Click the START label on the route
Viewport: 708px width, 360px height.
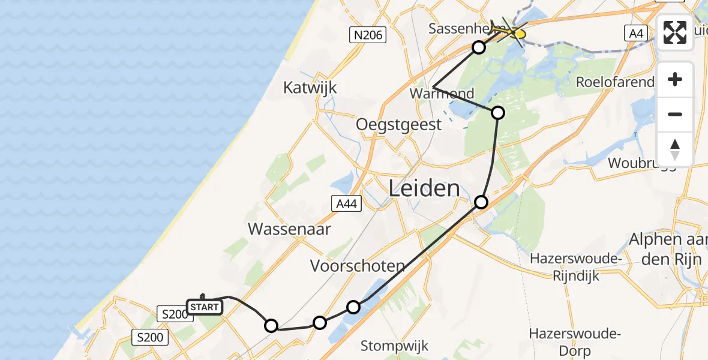205,308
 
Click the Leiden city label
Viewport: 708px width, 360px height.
424,188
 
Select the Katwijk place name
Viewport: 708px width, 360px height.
310,88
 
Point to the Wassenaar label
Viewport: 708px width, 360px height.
289,229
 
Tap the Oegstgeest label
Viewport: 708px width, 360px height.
398,124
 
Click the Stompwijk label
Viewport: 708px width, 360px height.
394,346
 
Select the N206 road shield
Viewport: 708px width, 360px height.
368,36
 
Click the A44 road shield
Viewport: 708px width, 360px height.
347,204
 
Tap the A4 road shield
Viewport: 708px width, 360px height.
637,34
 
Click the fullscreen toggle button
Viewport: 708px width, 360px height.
675,32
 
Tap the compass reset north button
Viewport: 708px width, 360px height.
675,149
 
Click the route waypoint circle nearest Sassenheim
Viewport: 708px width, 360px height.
478,47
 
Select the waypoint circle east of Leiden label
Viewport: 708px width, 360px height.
481,202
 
